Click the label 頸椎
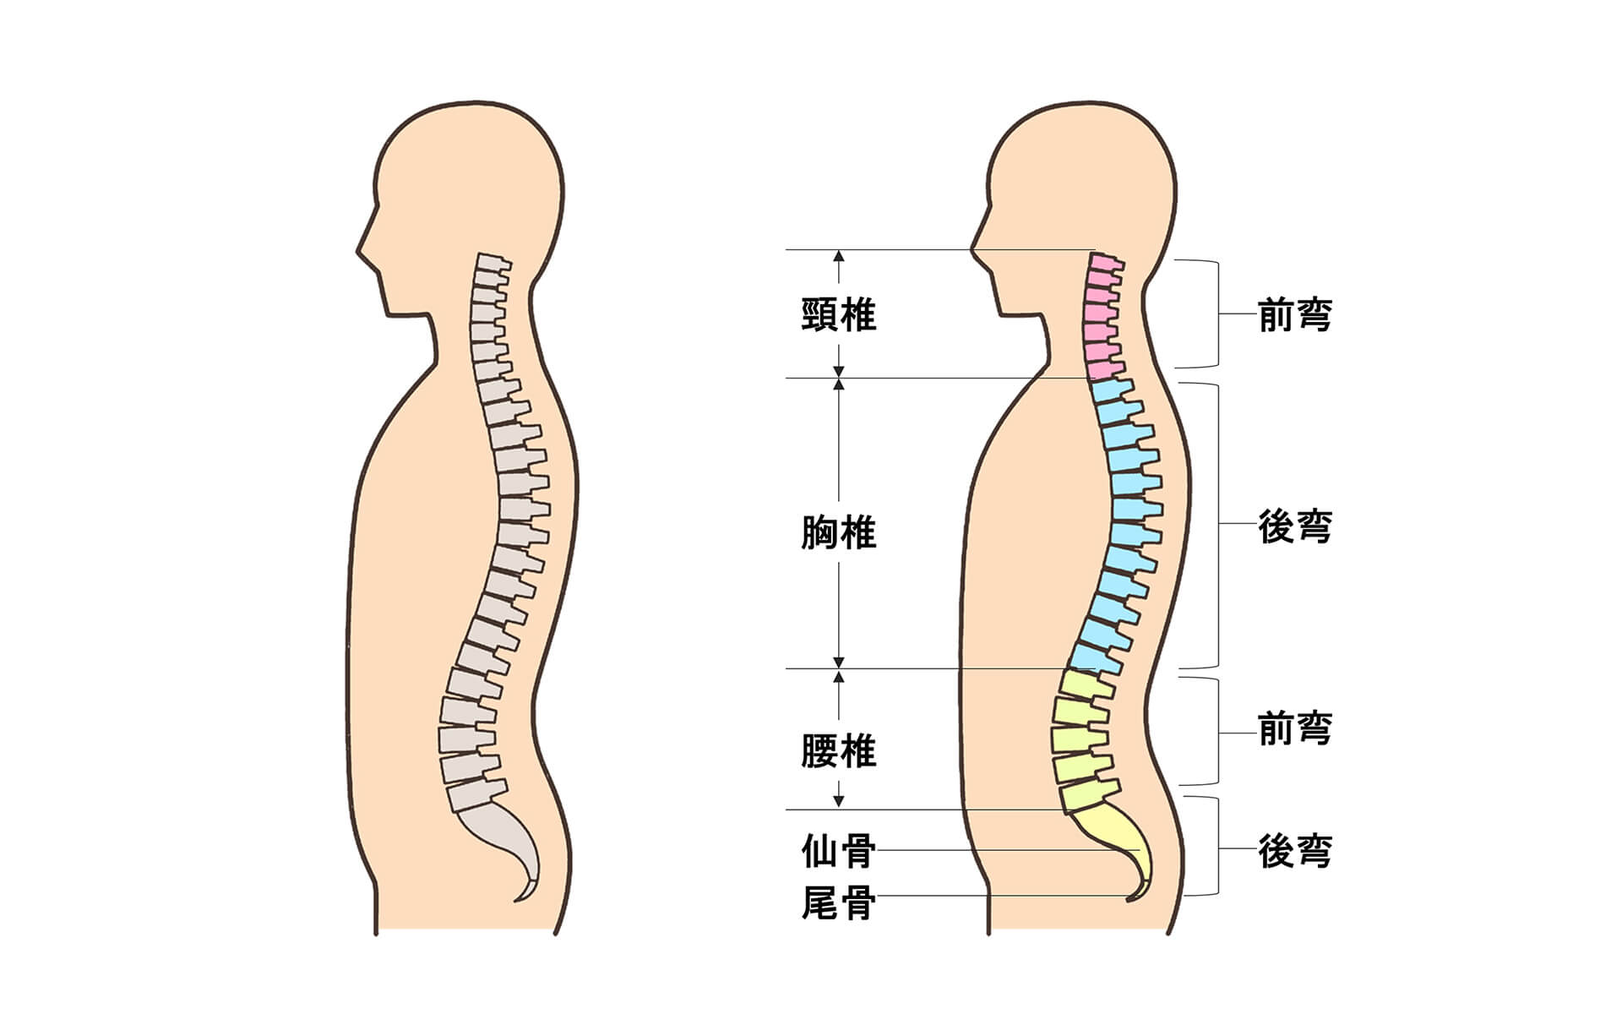coord(838,315)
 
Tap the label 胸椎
coord(838,532)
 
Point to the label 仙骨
coord(838,852)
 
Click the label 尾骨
coord(838,903)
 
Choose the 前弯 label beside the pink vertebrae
coord(1295,315)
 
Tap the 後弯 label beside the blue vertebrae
coord(1295,526)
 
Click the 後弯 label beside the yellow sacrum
coord(1295,851)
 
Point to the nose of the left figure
coord(362,248)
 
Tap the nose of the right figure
coord(976,248)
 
